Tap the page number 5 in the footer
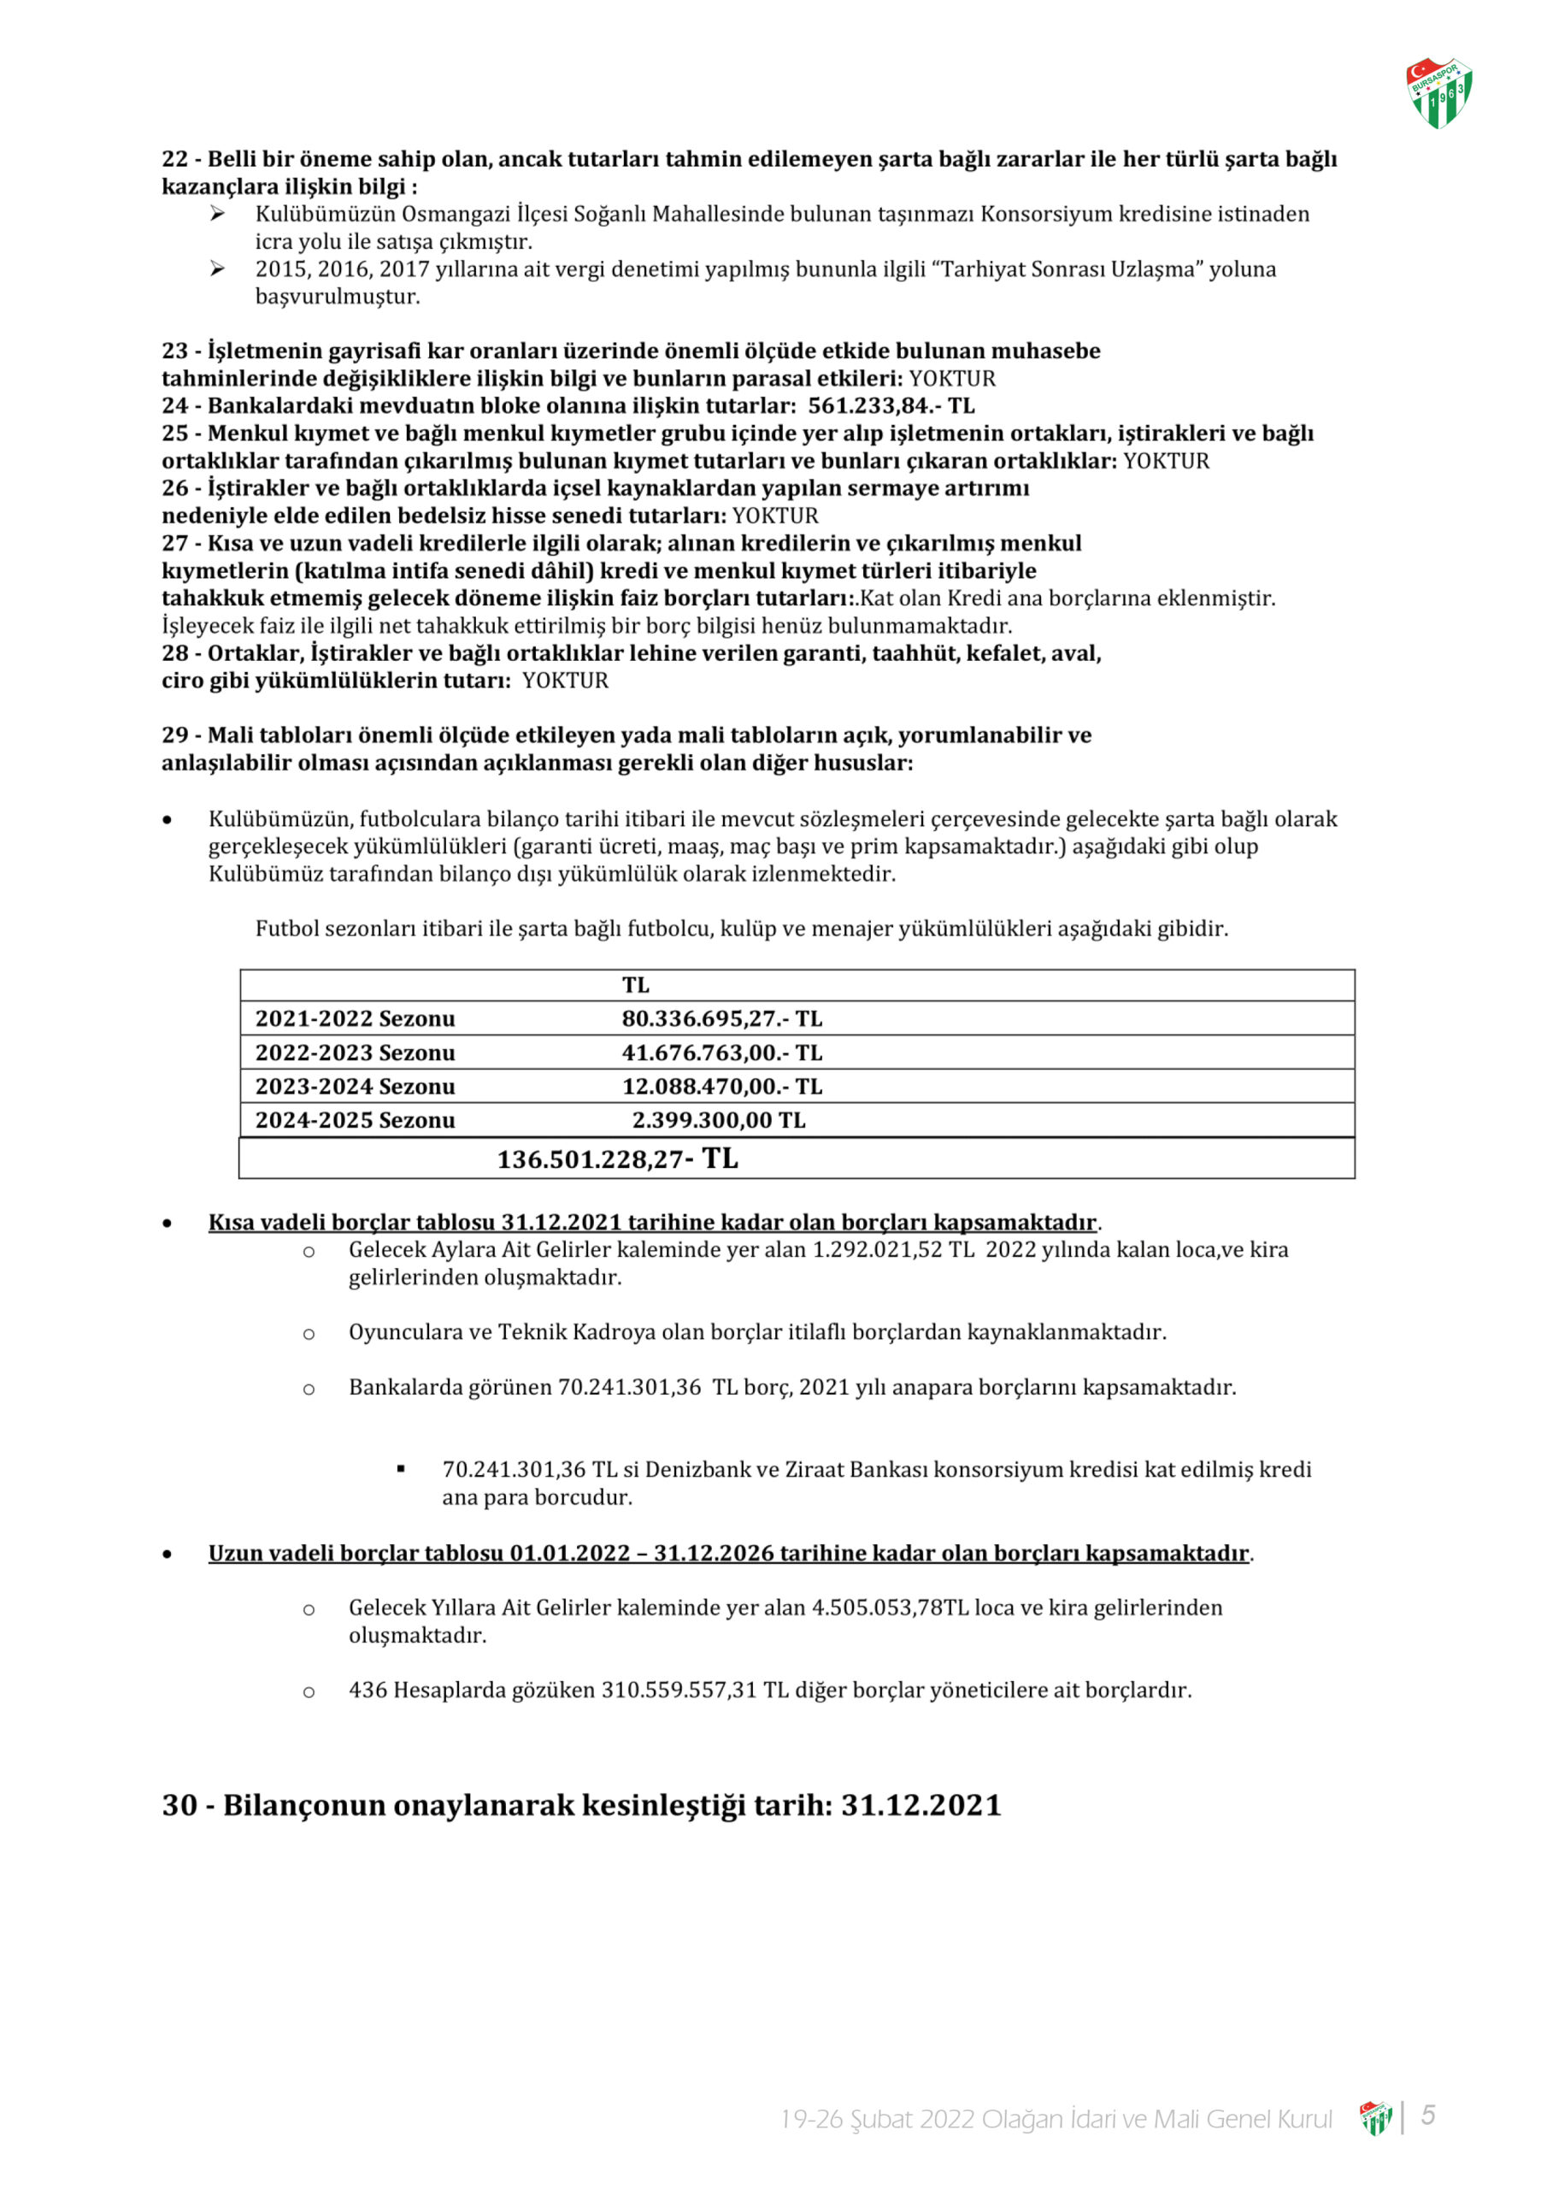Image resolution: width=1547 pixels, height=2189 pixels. point(1428,2115)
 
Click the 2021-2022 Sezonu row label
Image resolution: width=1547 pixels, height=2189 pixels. point(355,1019)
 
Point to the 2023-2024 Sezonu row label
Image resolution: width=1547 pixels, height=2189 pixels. point(355,1087)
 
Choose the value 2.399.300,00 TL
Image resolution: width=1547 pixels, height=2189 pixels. point(719,1121)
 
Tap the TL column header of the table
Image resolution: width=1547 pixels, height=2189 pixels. point(636,986)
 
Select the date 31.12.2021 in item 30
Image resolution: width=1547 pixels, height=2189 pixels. point(921,1806)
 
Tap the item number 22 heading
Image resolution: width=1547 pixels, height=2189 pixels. point(175,159)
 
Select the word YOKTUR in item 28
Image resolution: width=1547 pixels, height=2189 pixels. point(565,681)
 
